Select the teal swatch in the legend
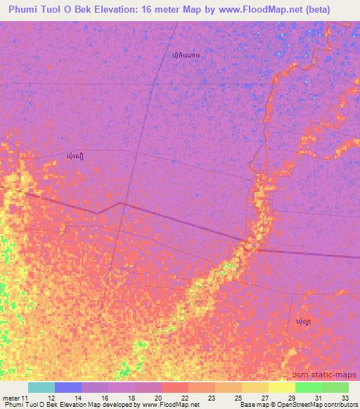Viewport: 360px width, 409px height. click(x=41, y=387)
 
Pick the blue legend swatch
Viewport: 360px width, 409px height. click(x=68, y=387)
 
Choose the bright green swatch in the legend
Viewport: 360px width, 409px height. click(x=308, y=387)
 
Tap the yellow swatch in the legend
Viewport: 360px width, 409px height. click(x=281, y=387)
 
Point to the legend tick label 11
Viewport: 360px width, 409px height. click(x=27, y=397)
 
